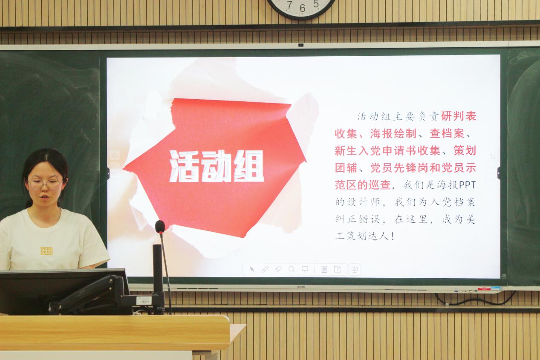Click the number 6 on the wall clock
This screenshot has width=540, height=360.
[302, 8]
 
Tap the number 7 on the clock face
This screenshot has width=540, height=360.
[290, 5]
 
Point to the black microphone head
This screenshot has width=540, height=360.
[160, 227]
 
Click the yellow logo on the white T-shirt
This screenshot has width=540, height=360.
[46, 251]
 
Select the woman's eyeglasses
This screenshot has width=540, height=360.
[45, 184]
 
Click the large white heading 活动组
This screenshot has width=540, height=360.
[217, 166]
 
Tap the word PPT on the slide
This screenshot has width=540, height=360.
[467, 185]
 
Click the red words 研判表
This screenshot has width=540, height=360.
[459, 116]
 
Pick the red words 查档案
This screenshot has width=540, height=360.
[447, 133]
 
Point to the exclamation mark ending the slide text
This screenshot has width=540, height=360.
[393, 236]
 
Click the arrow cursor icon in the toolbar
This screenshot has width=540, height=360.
[252, 269]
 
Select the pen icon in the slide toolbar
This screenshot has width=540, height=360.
[265, 269]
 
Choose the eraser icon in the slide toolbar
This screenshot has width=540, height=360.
[278, 269]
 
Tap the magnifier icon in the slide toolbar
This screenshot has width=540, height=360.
[292, 269]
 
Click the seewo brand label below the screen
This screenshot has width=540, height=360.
[301, 287]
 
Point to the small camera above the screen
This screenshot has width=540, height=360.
[300, 45]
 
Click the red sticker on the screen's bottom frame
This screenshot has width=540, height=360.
[484, 288]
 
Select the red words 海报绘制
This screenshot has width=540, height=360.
[393, 133]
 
